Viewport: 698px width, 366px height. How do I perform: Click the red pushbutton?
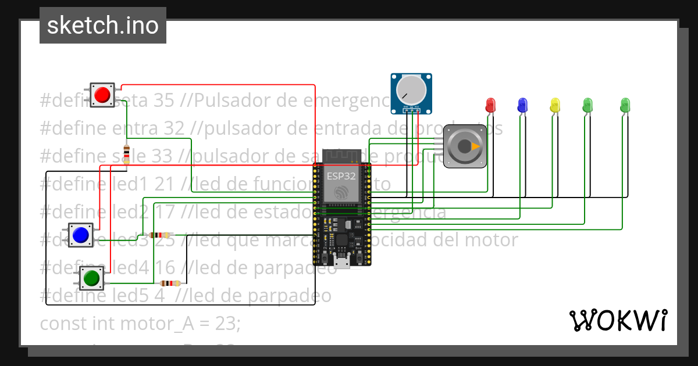tap(103, 94)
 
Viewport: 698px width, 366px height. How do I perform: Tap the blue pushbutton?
tap(80, 234)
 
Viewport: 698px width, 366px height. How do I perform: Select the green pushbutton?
tap(91, 278)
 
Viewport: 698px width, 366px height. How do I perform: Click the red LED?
tap(490, 105)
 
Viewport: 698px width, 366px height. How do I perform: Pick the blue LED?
tap(522, 105)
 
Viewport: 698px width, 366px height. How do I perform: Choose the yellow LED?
tap(555, 105)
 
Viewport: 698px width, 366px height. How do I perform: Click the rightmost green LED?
tap(625, 105)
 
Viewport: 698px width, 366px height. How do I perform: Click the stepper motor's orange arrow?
tap(476, 147)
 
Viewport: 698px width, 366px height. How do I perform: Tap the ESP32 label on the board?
tap(341, 175)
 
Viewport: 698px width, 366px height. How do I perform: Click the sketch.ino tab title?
tap(103, 26)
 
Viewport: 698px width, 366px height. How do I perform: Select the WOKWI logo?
tap(618, 320)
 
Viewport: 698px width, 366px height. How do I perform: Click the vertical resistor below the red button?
tap(126, 154)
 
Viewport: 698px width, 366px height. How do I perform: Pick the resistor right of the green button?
tap(170, 284)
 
